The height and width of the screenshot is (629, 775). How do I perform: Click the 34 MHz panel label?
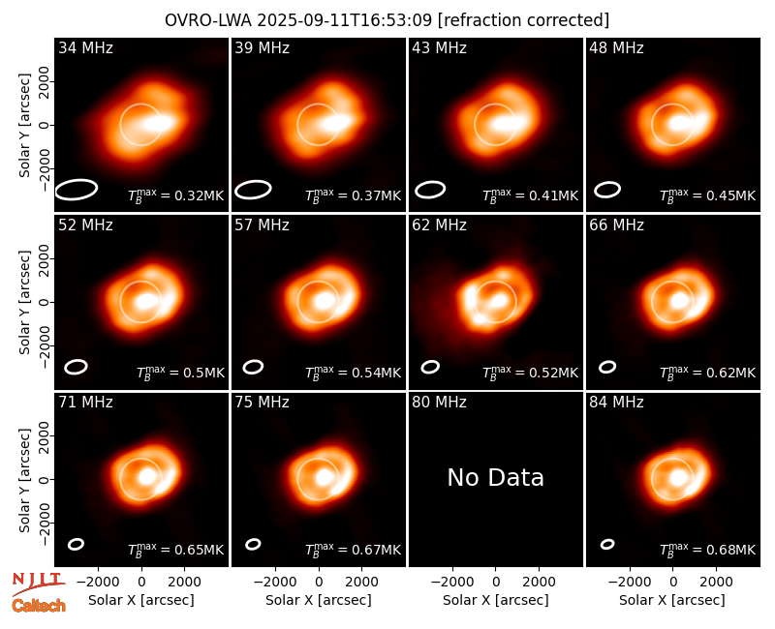(85, 47)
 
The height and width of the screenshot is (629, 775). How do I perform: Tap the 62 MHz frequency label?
(439, 225)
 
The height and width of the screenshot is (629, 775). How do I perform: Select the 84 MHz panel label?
(616, 403)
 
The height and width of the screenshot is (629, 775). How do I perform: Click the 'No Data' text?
(495, 477)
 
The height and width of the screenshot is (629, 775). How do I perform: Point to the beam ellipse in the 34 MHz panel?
(77, 189)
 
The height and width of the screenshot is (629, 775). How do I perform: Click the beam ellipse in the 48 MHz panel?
(607, 190)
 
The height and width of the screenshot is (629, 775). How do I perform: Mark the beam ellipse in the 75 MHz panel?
(253, 544)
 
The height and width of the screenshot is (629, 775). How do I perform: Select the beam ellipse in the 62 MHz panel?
(430, 367)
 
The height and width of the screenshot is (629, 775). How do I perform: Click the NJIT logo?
(38, 584)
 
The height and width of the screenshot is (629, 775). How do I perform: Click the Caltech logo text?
(39, 606)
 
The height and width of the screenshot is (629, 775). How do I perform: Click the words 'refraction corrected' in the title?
(524, 20)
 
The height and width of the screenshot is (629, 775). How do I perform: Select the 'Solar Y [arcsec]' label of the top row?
(24, 126)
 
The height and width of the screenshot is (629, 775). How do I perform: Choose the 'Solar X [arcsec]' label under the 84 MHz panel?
(672, 600)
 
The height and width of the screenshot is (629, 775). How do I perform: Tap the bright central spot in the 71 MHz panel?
(146, 476)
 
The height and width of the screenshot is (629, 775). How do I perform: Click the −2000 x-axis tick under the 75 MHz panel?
(275, 583)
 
